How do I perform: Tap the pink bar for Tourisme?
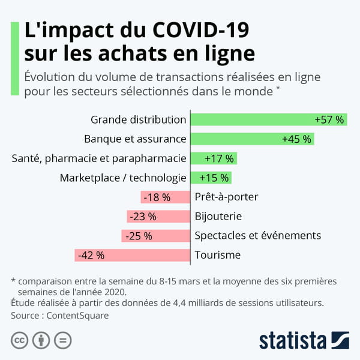point(132,255)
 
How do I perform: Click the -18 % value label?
point(156,197)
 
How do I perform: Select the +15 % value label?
point(214,178)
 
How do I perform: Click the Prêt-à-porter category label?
point(227,197)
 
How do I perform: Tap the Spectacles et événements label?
point(258,236)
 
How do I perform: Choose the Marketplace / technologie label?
point(123,178)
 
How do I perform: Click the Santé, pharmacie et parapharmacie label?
point(99,159)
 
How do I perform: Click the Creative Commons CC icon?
point(19,340)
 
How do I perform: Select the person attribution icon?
point(41,340)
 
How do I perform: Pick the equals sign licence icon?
point(62,340)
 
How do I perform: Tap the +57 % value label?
point(329,120)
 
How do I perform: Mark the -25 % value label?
point(139,236)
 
